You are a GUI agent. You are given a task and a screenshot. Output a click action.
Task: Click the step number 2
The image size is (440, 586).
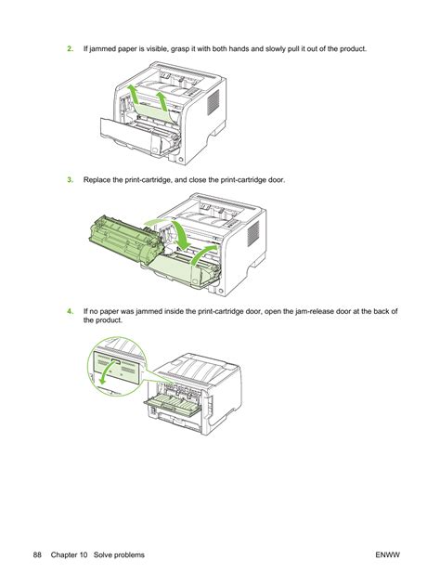click(x=70, y=49)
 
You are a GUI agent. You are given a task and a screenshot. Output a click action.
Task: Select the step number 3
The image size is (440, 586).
click(x=70, y=180)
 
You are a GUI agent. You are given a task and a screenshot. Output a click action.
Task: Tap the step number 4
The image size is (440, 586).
click(x=70, y=311)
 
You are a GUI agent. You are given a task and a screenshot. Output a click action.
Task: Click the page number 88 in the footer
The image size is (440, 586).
click(x=37, y=555)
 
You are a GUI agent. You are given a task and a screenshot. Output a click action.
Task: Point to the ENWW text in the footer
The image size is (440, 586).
click(x=388, y=555)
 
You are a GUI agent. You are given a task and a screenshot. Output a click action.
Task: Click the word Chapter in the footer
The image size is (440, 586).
click(x=63, y=555)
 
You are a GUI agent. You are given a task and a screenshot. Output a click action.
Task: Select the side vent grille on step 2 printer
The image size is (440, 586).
click(x=213, y=102)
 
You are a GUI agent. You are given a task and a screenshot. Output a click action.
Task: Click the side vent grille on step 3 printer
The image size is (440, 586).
click(x=252, y=233)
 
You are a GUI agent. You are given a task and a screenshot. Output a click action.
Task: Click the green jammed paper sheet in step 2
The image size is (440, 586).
click(x=153, y=112)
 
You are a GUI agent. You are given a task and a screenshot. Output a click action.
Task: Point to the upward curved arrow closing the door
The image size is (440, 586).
click(x=203, y=254)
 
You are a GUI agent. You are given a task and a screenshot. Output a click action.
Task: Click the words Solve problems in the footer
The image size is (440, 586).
click(x=119, y=555)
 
